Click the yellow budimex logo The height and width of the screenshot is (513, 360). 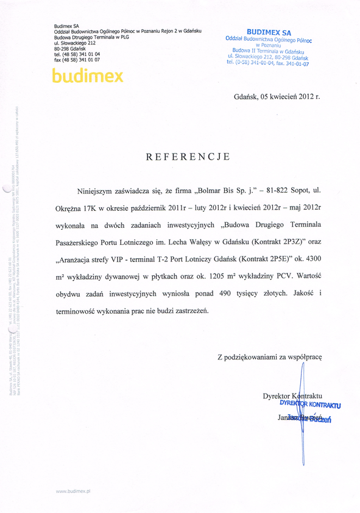tap(88, 76)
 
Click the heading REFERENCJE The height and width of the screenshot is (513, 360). tap(188, 157)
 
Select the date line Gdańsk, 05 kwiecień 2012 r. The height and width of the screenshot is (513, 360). tap(277, 96)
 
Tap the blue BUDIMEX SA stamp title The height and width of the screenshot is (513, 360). tap(269, 32)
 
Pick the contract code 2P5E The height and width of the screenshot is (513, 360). tap(272, 259)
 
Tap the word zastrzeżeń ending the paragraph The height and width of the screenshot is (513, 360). tap(189, 310)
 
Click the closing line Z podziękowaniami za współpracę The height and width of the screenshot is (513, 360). tap(269, 356)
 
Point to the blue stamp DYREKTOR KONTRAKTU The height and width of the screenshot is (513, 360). tap(310, 404)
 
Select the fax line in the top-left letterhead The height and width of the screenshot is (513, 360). tap(77, 60)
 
